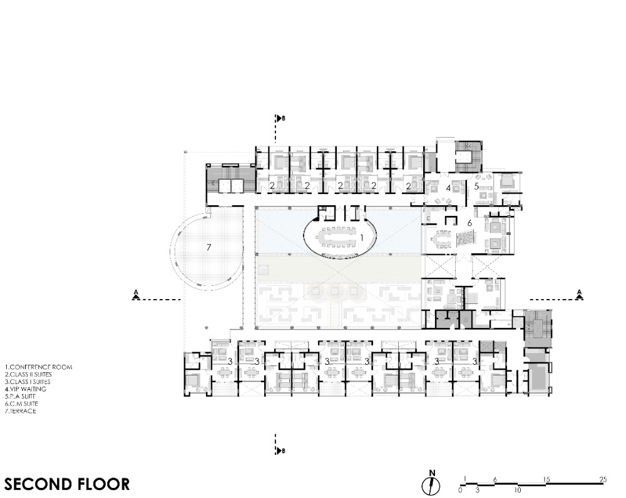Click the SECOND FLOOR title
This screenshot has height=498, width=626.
tap(67, 484)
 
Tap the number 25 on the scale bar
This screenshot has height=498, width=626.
tap(603, 479)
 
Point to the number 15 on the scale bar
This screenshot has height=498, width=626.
tap(546, 479)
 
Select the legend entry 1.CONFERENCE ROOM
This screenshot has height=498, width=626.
tap(39, 367)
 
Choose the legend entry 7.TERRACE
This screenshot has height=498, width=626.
tap(21, 410)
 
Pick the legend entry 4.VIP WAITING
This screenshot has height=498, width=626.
tap(26, 389)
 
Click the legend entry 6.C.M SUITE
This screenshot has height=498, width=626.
tap(21, 404)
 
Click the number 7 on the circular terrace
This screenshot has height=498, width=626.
tap(209, 247)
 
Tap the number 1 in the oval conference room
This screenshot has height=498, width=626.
tap(362, 238)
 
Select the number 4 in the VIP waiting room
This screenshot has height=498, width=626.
tap(448, 187)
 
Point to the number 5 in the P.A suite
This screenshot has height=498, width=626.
tap(476, 186)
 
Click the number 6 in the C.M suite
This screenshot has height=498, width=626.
tap(469, 223)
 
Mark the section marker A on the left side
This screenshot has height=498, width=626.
tap(136, 295)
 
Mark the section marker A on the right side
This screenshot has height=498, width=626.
tap(579, 294)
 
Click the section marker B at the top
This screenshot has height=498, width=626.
tap(281, 118)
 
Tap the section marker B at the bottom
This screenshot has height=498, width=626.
tap(281, 451)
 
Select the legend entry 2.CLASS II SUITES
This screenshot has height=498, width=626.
tap(28, 374)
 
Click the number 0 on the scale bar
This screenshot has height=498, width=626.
tap(460, 490)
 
